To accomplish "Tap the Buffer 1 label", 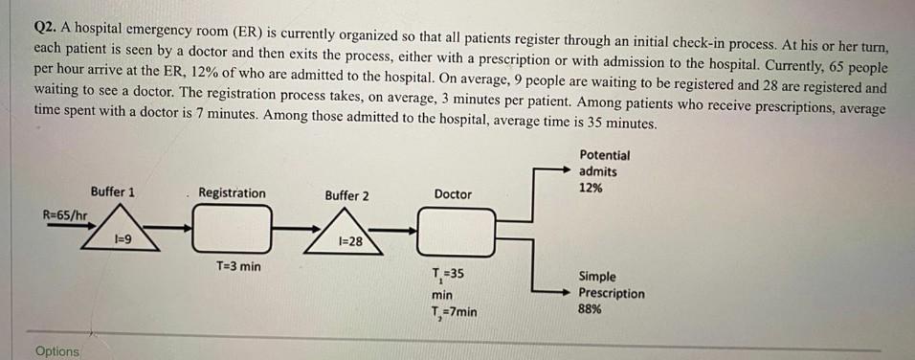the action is click(112, 192).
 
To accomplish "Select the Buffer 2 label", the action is click(346, 196).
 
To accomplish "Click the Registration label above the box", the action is click(232, 193).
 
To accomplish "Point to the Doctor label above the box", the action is click(453, 194).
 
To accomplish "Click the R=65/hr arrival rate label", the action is click(66, 215).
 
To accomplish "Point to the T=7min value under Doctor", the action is click(455, 312).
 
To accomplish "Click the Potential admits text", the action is click(604, 163).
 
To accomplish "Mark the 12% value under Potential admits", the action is click(591, 189).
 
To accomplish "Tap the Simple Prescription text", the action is click(612, 285).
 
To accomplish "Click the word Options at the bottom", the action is click(57, 351).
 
